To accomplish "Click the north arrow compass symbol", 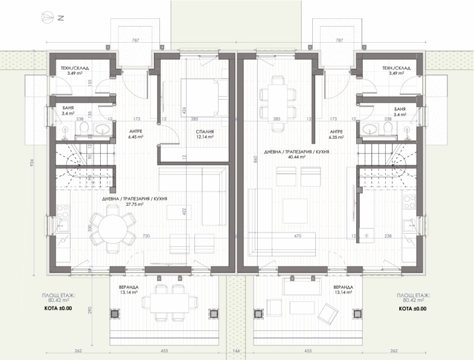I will point(47,18).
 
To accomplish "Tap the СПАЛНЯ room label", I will point(203,132).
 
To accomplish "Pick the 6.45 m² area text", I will point(136,136).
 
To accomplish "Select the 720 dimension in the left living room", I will point(146,236).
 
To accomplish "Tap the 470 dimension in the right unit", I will point(297,236).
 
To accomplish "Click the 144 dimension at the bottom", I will point(237,351).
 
